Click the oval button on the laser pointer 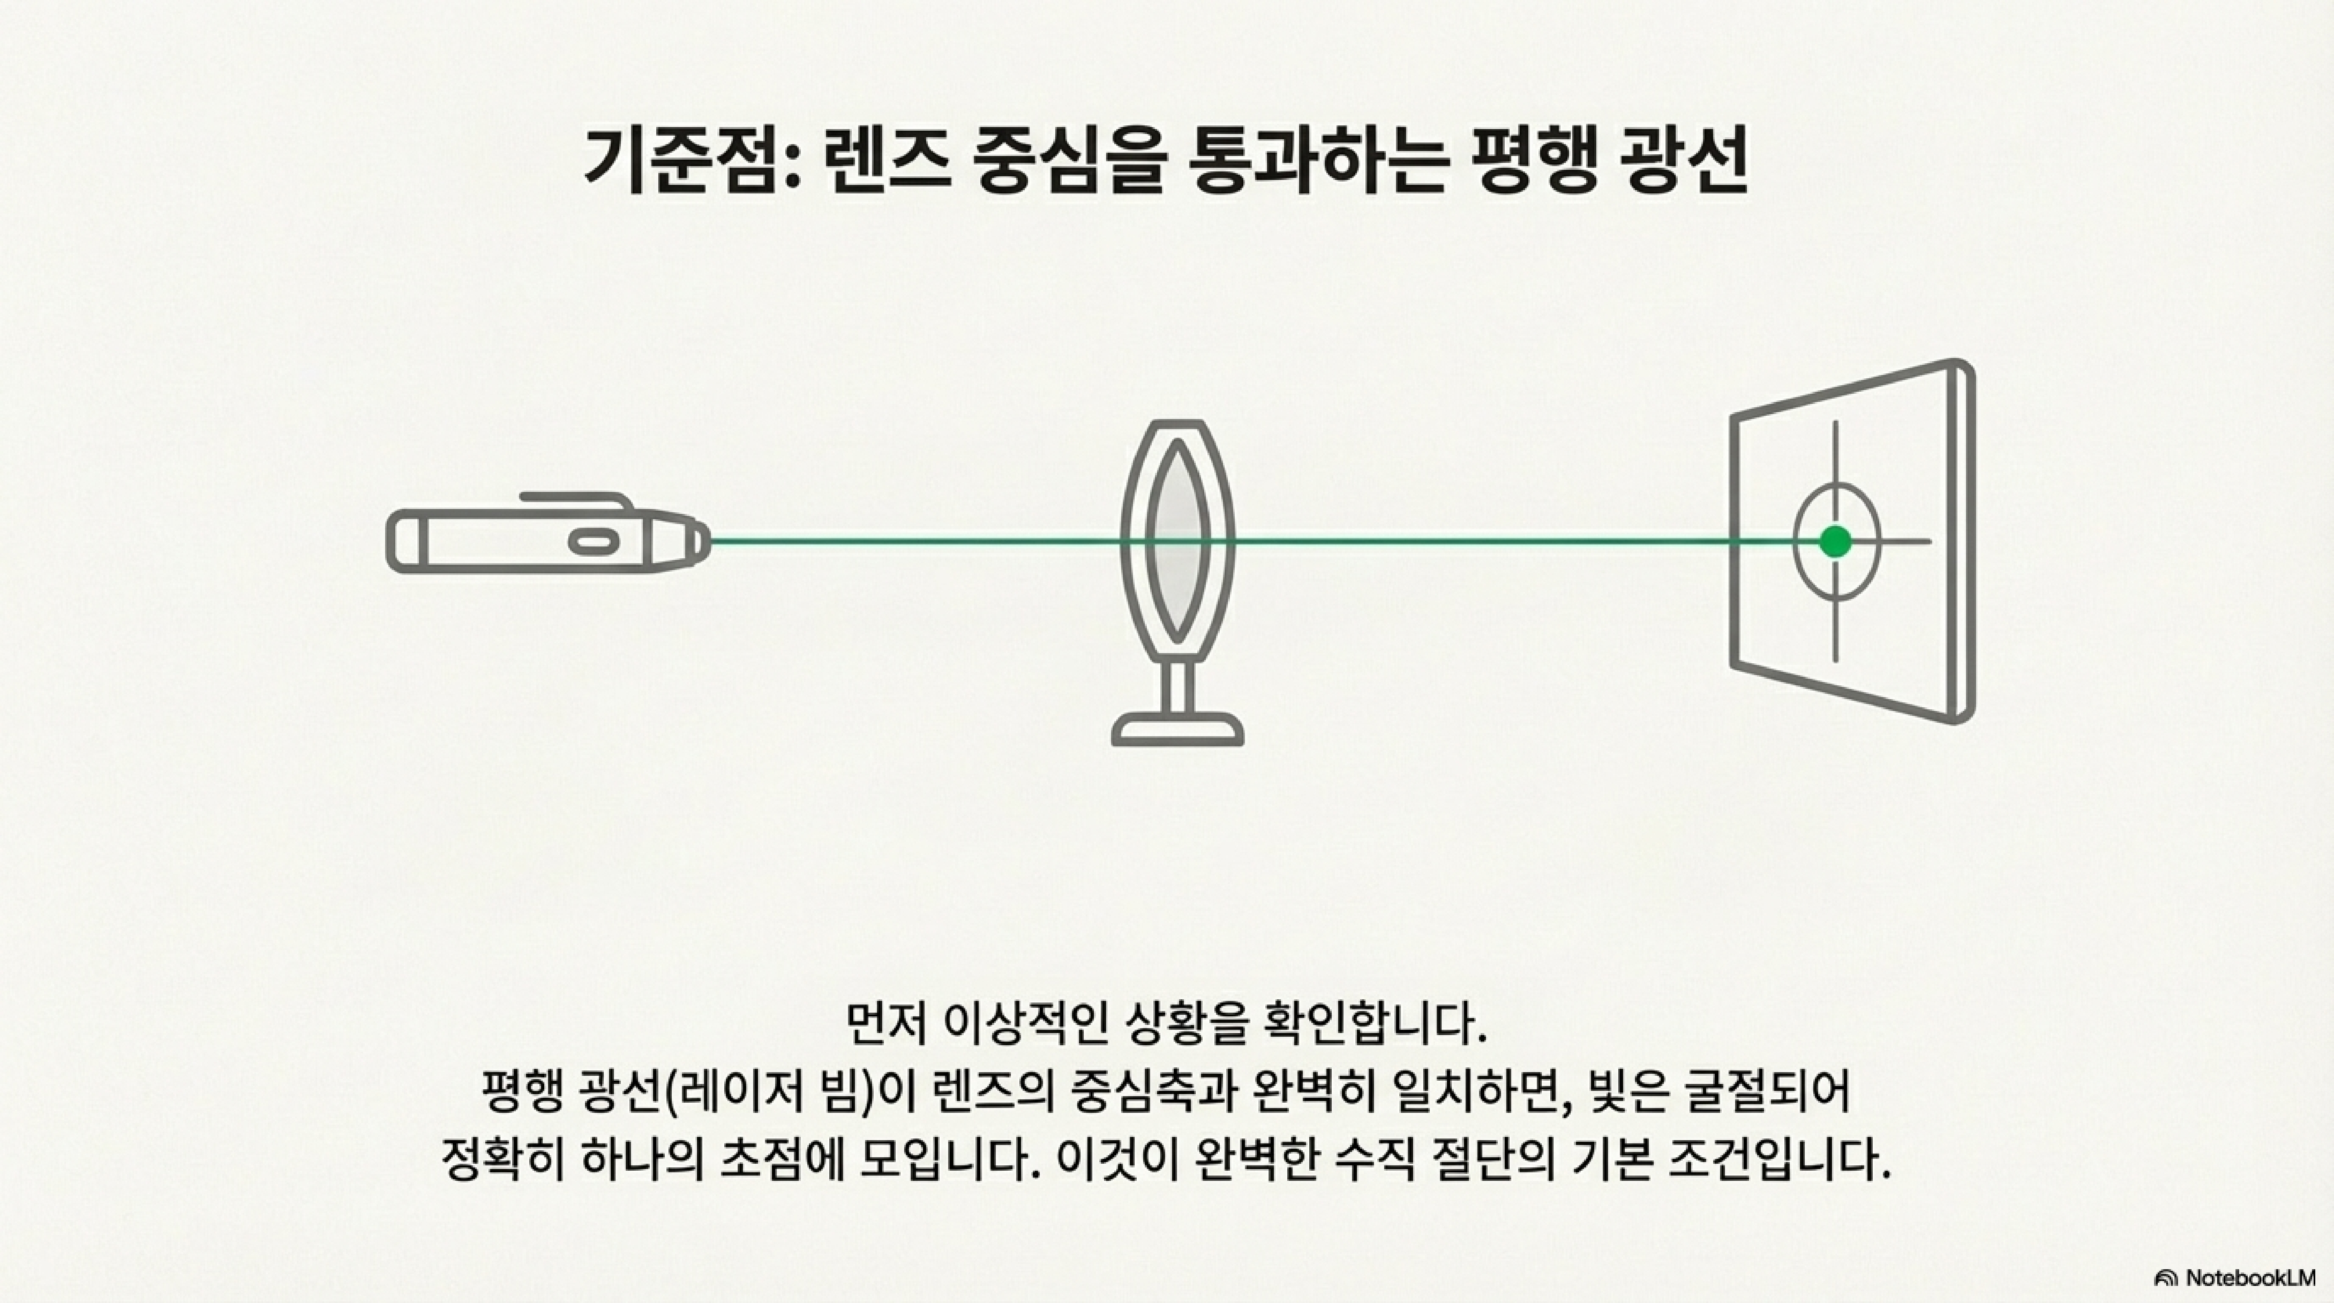tap(594, 542)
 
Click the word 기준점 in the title tap(679, 161)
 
